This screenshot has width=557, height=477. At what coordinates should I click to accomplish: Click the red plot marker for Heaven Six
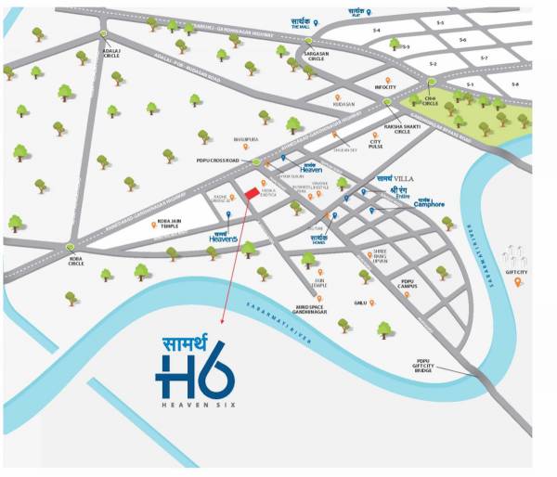[251, 192]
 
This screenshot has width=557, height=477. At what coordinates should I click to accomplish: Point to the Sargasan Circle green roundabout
[309, 41]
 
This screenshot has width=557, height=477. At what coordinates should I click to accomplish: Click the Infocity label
[385, 87]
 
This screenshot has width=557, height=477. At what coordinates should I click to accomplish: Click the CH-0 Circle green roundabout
[432, 82]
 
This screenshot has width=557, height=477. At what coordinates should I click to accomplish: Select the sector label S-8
[514, 85]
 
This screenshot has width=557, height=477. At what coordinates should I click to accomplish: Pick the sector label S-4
[377, 31]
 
